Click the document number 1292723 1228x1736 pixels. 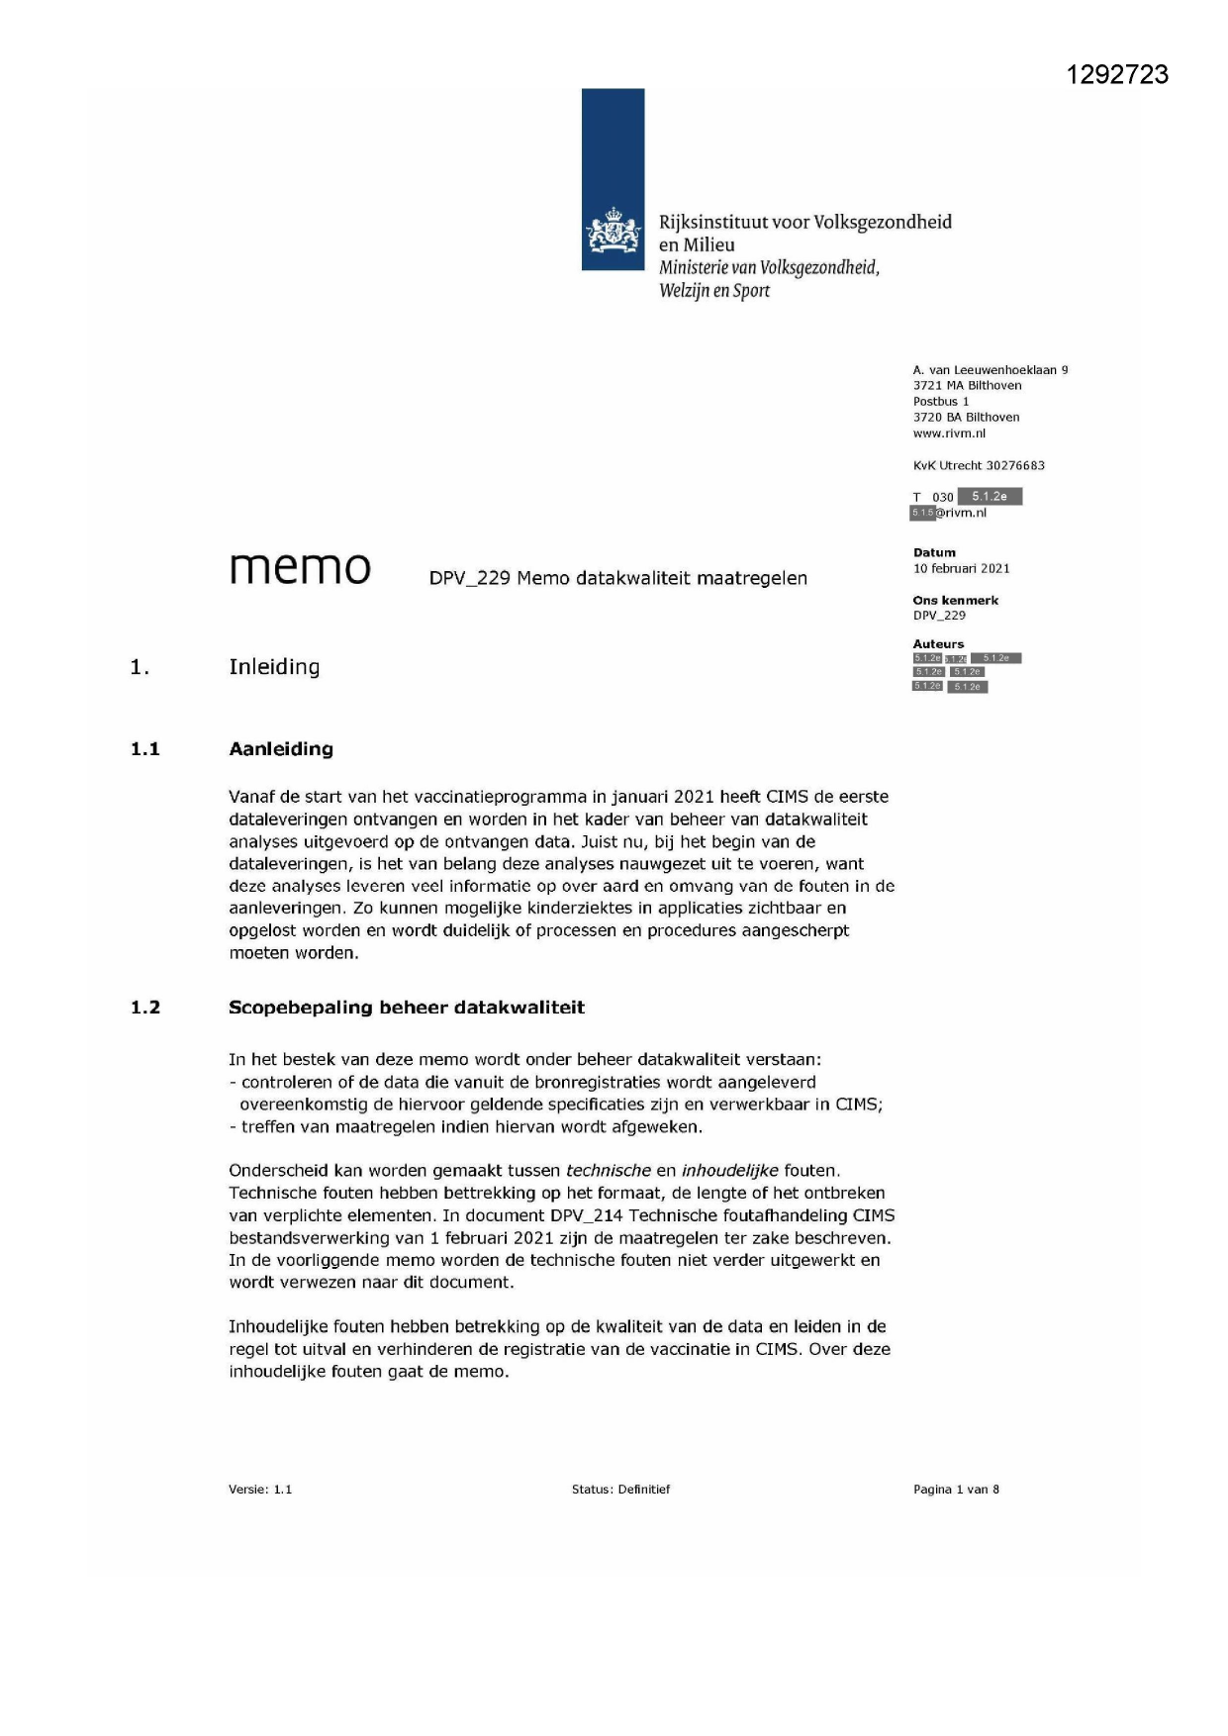(x=1117, y=75)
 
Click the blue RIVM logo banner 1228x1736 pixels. (x=613, y=179)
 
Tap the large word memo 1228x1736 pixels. (x=300, y=568)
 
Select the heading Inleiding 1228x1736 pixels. (x=274, y=667)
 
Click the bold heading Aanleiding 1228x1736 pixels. (x=281, y=749)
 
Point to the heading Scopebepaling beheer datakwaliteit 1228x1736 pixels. (x=406, y=1008)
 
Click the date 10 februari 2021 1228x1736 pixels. (x=961, y=568)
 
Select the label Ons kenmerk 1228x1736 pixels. (x=955, y=600)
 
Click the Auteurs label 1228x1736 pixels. (x=938, y=643)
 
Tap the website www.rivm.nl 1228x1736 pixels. (x=949, y=434)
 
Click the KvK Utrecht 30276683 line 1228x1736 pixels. (x=979, y=465)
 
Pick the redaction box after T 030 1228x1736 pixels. (x=990, y=497)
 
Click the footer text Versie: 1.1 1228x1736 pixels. (x=260, y=1490)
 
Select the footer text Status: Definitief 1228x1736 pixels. (x=620, y=1490)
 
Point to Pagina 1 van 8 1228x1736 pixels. (x=956, y=1490)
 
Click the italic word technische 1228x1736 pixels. (x=608, y=1171)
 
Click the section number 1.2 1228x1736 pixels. (x=145, y=1008)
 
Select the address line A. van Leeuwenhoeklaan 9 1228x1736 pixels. (x=991, y=370)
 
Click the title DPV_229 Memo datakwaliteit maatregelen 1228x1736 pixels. (x=617, y=578)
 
